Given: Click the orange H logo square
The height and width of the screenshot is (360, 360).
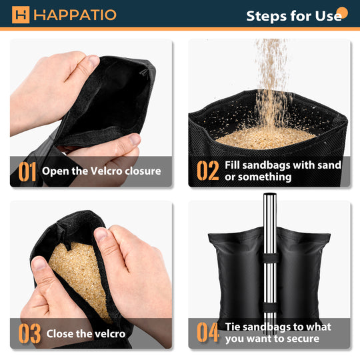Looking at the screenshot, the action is click(x=21, y=15).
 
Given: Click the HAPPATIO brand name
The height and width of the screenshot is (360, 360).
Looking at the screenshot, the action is click(x=75, y=15).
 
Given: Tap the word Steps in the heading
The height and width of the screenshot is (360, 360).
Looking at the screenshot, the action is click(x=267, y=17).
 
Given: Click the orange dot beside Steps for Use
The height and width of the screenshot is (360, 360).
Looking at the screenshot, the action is click(x=342, y=13).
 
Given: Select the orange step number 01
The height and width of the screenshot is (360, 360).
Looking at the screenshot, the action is click(x=27, y=171).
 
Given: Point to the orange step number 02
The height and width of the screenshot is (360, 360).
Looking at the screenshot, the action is click(x=208, y=171).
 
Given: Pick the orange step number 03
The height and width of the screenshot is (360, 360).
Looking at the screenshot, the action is click(x=29, y=333).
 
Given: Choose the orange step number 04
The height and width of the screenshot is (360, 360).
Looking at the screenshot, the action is click(x=207, y=332).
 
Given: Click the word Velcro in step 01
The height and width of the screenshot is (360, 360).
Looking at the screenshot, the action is click(x=106, y=171).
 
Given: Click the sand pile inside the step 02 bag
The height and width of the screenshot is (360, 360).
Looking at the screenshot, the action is click(x=265, y=138).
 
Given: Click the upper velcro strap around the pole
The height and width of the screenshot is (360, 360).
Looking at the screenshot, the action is click(x=270, y=259).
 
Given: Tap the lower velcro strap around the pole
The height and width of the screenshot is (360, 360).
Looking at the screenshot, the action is click(x=270, y=307).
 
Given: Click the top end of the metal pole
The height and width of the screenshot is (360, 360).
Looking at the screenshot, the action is click(x=270, y=194).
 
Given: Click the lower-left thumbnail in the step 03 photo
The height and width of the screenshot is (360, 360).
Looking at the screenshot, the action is click(x=39, y=264).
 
